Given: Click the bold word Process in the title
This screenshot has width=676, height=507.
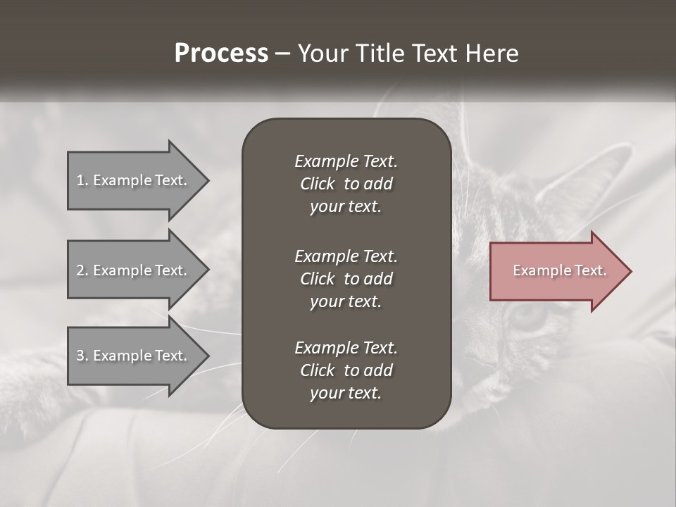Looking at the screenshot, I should click(221, 54).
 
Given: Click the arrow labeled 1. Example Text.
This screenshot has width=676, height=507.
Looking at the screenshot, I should click(131, 180).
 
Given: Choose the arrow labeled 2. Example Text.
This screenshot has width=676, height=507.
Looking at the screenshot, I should click(131, 270).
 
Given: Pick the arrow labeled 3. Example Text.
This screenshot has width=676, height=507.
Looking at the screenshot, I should click(131, 356).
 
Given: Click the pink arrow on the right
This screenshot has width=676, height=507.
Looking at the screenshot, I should click(556, 270).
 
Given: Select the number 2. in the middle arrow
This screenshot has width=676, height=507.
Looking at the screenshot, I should click(82, 270).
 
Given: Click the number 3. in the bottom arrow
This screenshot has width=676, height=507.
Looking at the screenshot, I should click(82, 356).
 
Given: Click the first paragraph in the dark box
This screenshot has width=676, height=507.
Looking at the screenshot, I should click(346, 184).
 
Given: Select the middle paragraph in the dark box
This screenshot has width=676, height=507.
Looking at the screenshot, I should click(346, 279).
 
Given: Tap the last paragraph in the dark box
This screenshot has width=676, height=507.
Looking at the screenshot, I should click(346, 370).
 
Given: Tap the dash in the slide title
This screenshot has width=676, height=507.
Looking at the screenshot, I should click(283, 54).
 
